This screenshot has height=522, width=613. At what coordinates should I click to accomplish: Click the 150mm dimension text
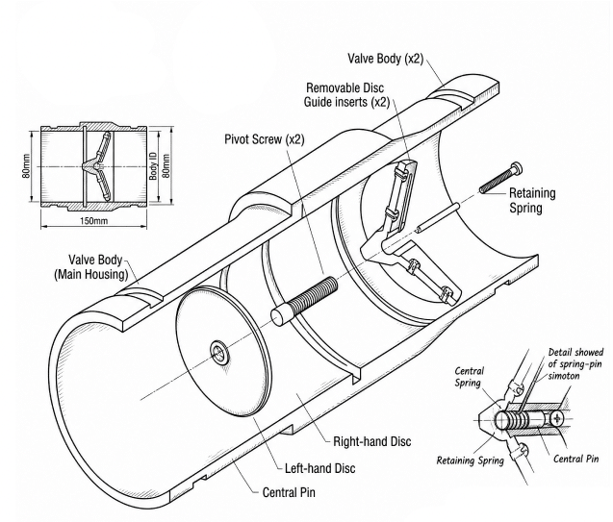(x=93, y=221)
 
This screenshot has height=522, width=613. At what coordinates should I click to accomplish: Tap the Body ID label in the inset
(x=153, y=166)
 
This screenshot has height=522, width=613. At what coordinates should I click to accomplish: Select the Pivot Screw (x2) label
(x=265, y=139)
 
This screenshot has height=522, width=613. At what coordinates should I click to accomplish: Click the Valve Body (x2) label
(x=386, y=59)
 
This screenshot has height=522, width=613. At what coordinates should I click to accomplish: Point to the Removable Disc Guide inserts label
(x=346, y=95)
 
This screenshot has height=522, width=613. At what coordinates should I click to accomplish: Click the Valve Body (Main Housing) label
(x=91, y=267)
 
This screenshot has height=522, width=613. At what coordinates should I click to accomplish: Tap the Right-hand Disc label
(x=372, y=441)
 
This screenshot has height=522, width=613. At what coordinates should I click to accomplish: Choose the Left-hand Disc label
(x=320, y=468)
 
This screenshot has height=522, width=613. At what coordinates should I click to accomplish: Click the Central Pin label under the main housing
(x=289, y=492)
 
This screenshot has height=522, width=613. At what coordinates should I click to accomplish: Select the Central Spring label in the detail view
(x=470, y=377)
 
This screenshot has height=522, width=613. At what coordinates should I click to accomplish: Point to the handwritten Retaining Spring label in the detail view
(x=470, y=460)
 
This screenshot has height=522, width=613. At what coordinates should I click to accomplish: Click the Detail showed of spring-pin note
(x=575, y=364)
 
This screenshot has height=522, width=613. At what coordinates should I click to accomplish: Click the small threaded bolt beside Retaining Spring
(x=500, y=178)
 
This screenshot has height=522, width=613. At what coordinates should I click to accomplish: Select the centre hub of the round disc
(x=219, y=352)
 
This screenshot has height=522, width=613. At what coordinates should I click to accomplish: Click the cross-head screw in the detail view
(x=556, y=419)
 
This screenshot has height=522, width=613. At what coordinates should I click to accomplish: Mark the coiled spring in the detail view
(x=515, y=420)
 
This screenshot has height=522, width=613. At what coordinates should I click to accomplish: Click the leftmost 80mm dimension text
(x=26, y=166)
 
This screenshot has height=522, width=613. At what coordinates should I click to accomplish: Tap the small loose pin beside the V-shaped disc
(x=438, y=217)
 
